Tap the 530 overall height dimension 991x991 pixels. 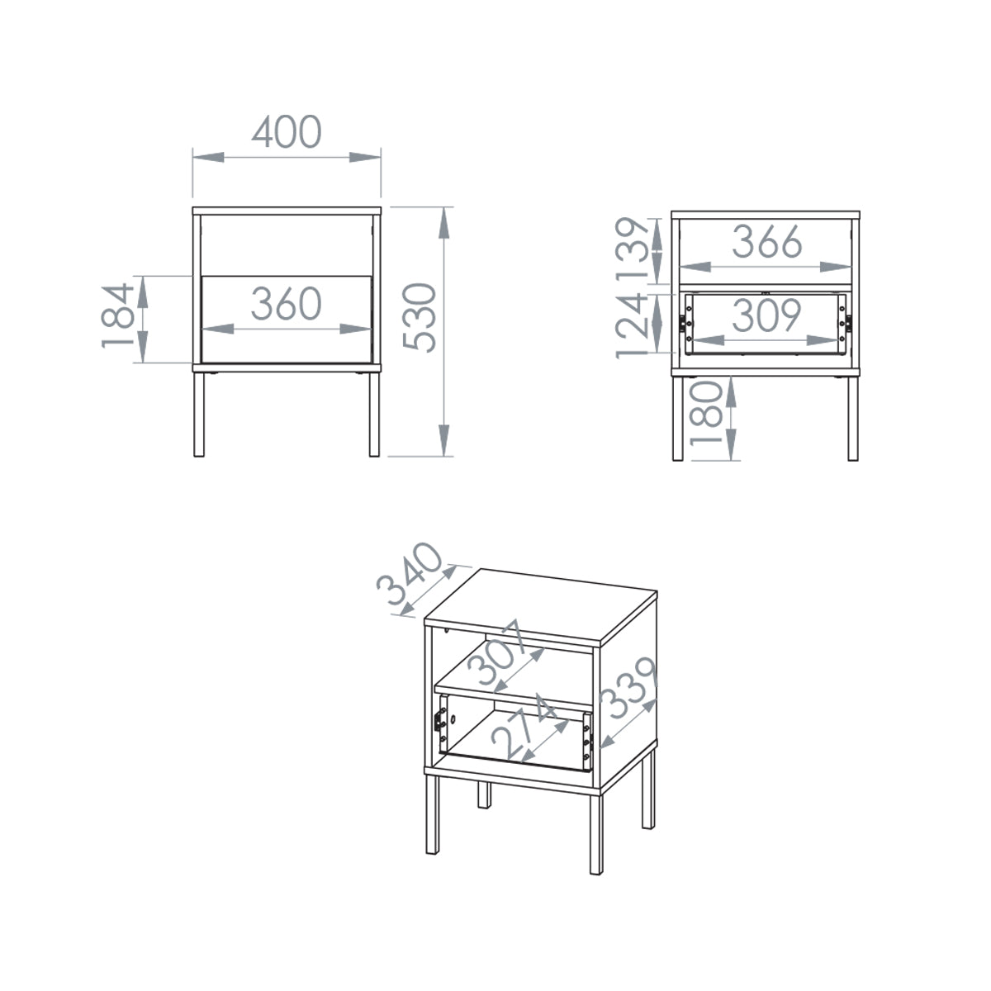pos(420,317)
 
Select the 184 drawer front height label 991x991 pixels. pos(118,315)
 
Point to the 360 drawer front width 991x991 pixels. pos(287,303)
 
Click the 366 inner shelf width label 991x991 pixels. pos(766,241)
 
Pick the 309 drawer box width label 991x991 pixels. pos(766,315)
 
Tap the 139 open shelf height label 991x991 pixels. pos(633,249)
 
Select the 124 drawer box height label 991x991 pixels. pos(632,325)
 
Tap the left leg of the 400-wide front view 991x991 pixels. pos(198,414)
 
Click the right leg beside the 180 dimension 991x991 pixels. pos(852,418)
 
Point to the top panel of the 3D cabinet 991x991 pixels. pos(541,606)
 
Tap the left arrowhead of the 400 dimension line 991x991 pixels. pos(208,157)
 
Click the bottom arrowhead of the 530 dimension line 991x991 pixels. pos(444,440)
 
